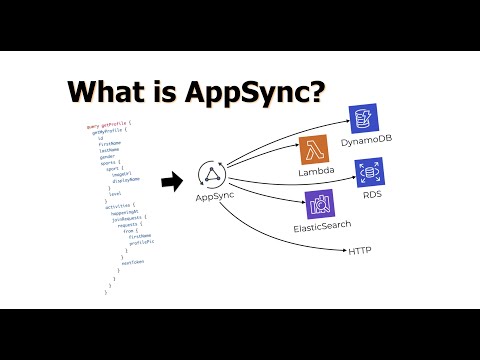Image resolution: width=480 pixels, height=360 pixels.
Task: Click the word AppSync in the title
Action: click(x=252, y=93)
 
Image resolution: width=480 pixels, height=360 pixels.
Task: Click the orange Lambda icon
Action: click(x=315, y=150)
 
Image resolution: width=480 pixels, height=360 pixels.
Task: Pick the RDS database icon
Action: click(x=370, y=172)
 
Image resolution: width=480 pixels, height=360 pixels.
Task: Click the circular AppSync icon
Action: click(x=212, y=175)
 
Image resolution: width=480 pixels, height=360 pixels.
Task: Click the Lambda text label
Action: click(x=316, y=173)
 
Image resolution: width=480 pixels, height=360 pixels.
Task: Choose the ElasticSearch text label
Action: click(x=320, y=226)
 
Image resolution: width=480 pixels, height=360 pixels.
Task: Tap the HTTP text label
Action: click(x=360, y=250)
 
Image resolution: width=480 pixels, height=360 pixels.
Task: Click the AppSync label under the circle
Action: click(x=212, y=199)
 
